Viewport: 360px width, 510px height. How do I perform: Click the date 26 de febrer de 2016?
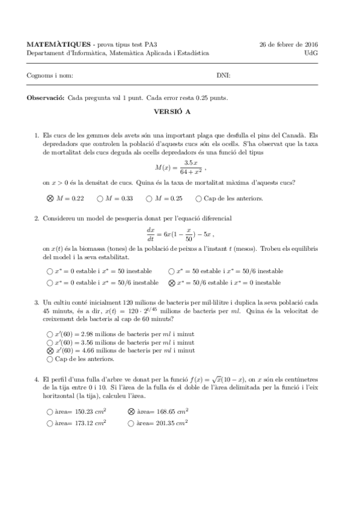[288, 45]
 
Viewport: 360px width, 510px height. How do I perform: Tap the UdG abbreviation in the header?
[311, 53]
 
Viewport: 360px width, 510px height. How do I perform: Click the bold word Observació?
[46, 97]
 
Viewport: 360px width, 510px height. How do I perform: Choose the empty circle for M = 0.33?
[100, 198]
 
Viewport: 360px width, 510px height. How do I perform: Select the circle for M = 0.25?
[148, 198]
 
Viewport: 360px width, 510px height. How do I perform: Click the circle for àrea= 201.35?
[131, 423]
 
